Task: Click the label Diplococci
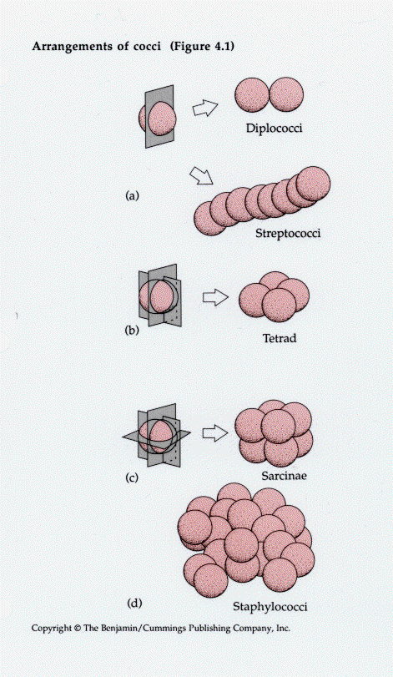tap(274, 129)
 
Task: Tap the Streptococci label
tap(288, 234)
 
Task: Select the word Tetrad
tap(280, 337)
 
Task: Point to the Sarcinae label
tap(284, 476)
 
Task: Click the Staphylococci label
tap(270, 607)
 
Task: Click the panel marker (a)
tap(132, 195)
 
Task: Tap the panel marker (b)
tap(132, 331)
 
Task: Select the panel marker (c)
tap(131, 477)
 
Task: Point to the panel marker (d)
tap(134, 603)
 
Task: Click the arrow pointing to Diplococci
tap(205, 108)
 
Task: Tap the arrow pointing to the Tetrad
tap(215, 297)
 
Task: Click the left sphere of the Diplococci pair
tap(252, 94)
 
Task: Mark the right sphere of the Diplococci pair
tap(286, 94)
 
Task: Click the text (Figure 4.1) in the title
tap(202, 46)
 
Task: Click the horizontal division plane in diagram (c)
tap(129, 437)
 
